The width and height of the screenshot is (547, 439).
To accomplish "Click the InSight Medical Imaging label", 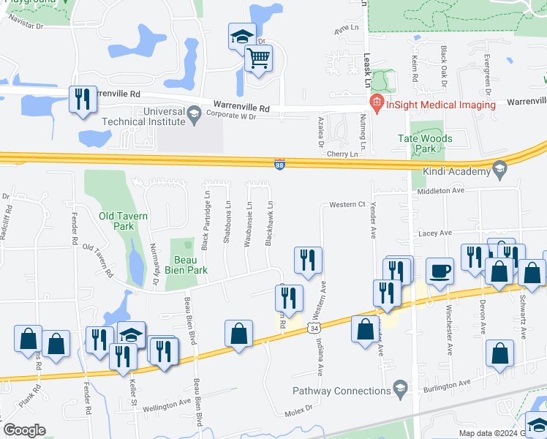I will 441,105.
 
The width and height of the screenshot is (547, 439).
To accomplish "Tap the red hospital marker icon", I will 377,104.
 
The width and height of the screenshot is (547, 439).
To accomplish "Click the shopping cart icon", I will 258,58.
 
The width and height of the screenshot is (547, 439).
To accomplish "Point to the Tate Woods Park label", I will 425,143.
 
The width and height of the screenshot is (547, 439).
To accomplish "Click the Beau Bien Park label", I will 189,265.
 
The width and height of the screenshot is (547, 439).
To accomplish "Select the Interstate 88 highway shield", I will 279,165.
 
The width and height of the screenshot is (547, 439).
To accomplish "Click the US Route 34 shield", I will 312,330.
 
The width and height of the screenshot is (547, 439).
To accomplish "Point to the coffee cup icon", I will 440,271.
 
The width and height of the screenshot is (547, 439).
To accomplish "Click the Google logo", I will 24,430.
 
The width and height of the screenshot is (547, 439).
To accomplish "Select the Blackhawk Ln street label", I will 270,223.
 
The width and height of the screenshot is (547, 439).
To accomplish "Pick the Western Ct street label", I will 347,204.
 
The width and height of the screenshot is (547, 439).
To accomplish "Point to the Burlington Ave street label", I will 464,383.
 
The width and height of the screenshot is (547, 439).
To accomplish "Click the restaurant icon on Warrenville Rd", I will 83,99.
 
